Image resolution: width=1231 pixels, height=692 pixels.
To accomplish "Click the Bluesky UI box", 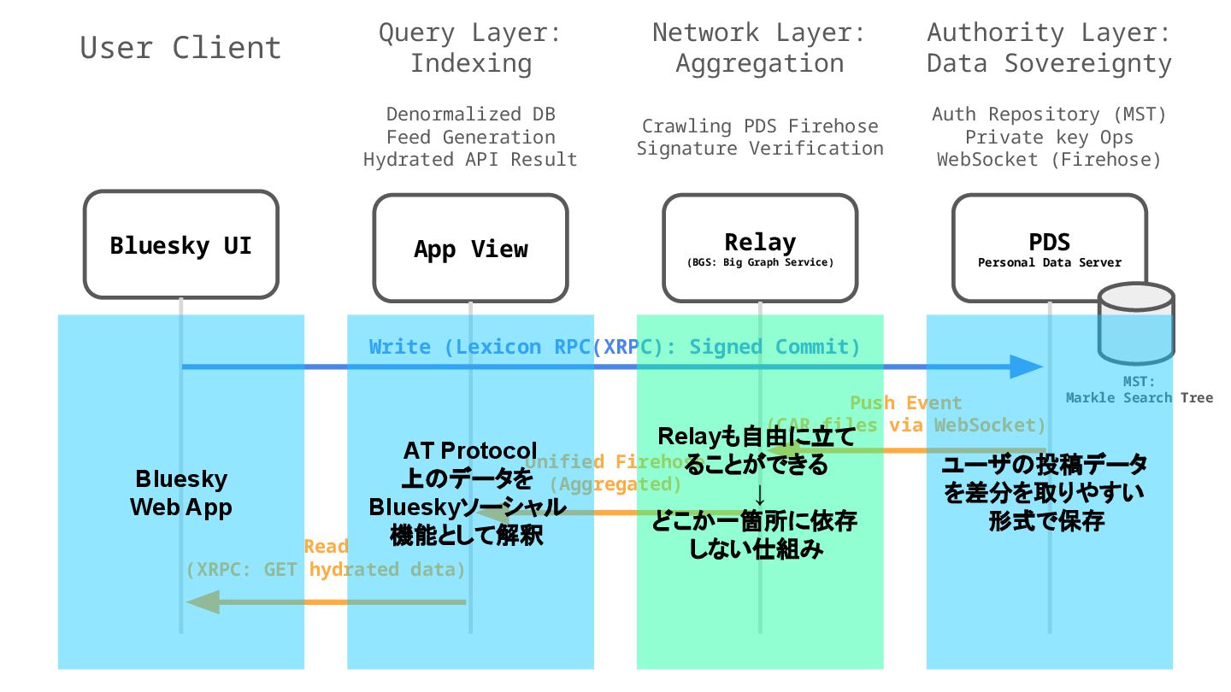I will pos(181,245).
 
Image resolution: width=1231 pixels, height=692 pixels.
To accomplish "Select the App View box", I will pos(470,249).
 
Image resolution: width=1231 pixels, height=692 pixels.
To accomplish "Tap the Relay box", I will pos(760,249).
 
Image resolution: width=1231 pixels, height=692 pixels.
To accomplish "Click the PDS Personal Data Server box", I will pos(1050,249).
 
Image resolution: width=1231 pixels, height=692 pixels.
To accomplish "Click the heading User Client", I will pos(180,48).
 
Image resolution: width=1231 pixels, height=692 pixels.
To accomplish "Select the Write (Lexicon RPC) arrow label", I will pos(614,347).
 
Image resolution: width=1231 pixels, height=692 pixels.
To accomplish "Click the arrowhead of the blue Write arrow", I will pos(1026,367).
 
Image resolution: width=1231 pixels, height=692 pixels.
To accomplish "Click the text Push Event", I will pos(905,403).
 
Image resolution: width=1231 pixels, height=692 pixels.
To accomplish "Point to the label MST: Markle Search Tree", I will pos(1139,390).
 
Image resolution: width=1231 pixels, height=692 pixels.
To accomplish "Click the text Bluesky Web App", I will pos(181,492).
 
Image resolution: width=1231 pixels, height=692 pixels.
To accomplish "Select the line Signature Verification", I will pos(760,149).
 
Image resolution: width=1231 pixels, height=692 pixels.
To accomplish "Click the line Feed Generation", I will pos(470,137).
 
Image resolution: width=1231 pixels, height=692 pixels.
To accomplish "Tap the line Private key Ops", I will pos(1049,137).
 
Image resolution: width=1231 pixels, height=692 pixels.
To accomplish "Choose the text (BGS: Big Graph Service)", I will pos(760,263).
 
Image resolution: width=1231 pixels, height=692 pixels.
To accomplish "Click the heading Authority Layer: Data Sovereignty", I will pos(1049,48).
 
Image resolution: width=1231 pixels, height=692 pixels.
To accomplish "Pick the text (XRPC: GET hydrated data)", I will pos(326,570).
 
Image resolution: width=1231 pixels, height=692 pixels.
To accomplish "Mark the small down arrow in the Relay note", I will pos(759,496).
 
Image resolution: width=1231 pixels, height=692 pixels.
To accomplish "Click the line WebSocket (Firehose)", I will pos(1049,160).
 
